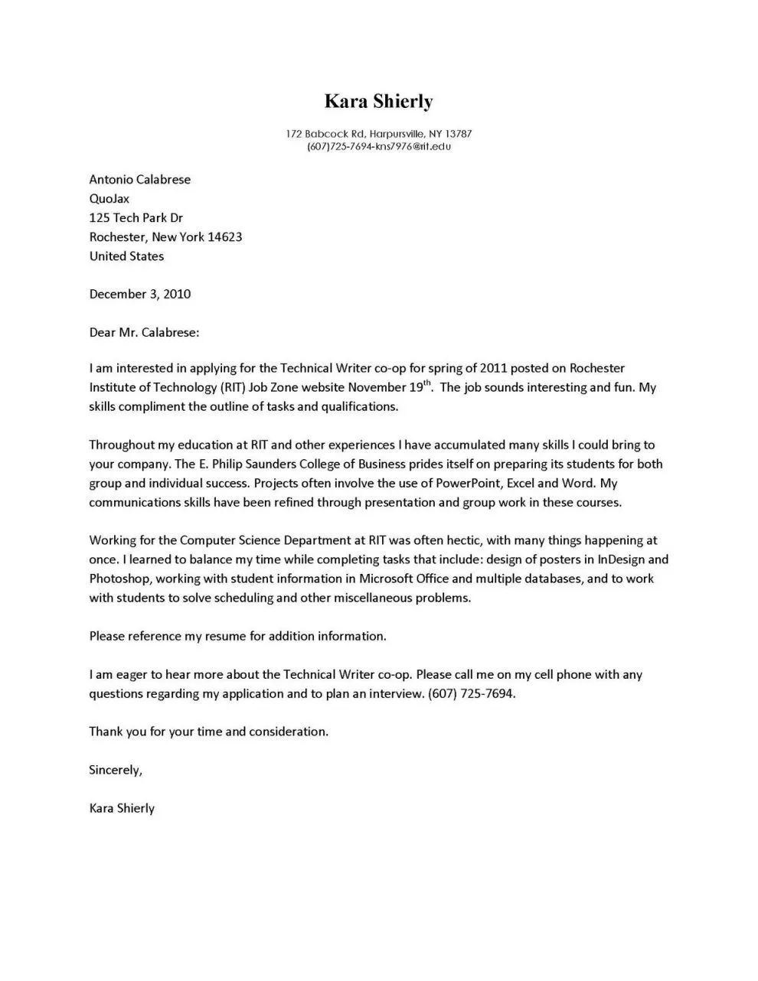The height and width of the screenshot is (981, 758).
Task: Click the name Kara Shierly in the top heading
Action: coord(378,101)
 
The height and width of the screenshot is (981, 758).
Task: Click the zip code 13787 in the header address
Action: coord(458,134)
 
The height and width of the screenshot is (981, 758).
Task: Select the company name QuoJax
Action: coord(109,199)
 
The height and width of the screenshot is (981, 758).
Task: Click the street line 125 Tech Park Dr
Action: coord(136,218)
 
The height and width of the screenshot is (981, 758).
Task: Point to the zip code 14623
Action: coord(225,237)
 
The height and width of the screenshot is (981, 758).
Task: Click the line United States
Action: coord(126,256)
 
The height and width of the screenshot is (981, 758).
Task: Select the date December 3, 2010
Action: coord(140,295)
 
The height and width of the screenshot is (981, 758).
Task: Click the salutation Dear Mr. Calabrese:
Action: coord(144,333)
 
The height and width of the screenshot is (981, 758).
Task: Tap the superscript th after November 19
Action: coord(427,383)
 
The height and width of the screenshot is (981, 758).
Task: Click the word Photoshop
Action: coord(119,579)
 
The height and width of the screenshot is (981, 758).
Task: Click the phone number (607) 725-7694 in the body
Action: coord(472,694)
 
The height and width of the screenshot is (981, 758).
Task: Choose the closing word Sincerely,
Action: coord(116,771)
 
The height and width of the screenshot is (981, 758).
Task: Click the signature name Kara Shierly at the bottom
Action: coord(122,809)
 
